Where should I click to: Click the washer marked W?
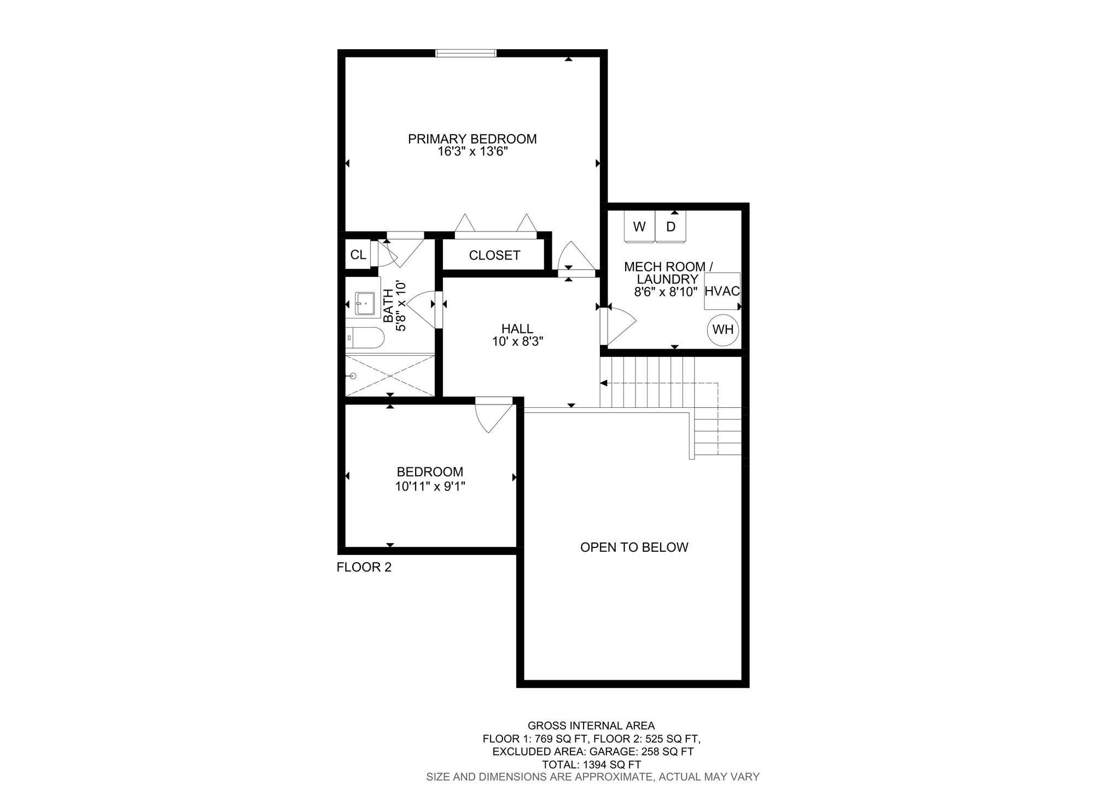(x=639, y=227)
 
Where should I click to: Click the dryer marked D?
(x=670, y=227)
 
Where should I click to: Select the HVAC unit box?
(x=722, y=291)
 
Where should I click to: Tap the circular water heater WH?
(x=723, y=330)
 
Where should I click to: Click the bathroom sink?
(x=363, y=303)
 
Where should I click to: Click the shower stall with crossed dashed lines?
(x=390, y=375)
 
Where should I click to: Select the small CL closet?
(x=358, y=255)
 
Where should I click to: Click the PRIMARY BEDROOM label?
(x=472, y=139)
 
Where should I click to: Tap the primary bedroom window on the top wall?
(x=466, y=53)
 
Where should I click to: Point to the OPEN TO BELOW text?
(x=634, y=547)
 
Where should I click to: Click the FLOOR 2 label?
(x=364, y=567)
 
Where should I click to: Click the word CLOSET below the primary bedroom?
(x=494, y=256)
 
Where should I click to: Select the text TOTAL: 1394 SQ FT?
(x=591, y=765)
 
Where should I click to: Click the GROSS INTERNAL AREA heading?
(x=591, y=726)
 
